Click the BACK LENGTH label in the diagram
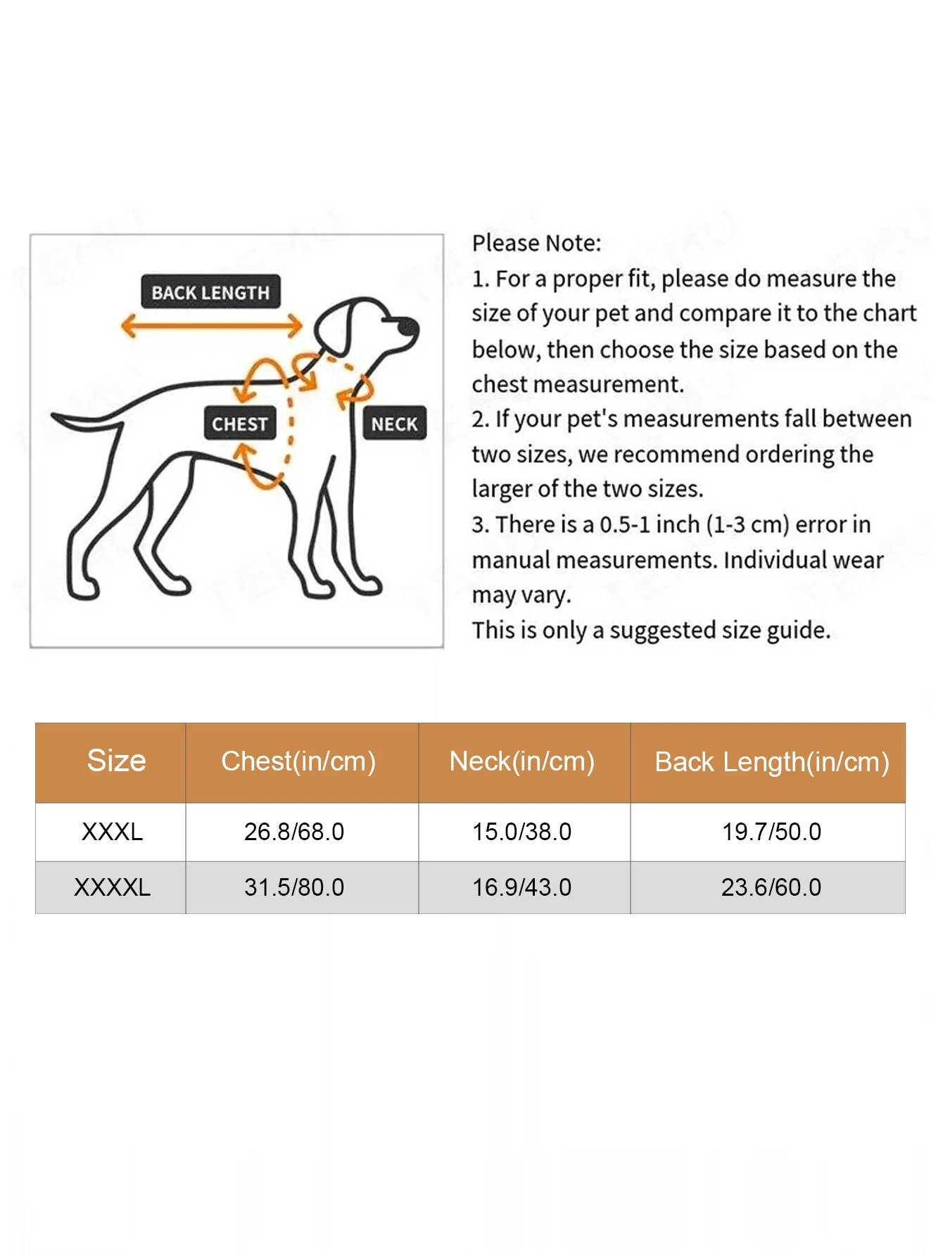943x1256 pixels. click(x=210, y=292)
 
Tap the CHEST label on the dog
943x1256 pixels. click(x=239, y=424)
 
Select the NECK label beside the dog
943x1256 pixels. click(x=394, y=424)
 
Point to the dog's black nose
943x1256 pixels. click(x=407, y=326)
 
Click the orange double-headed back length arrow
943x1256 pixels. click(x=211, y=326)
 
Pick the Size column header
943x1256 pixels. click(x=116, y=761)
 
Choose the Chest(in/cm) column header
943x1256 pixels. click(x=298, y=761)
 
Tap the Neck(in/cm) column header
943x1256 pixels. click(x=522, y=761)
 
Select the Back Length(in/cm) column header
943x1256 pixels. click(x=772, y=762)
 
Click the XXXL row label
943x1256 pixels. click(x=112, y=832)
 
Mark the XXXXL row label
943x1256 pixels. click(x=112, y=887)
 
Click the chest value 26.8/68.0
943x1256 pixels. click(x=294, y=832)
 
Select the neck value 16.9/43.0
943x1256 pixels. click(x=522, y=887)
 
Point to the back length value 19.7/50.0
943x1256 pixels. click(x=772, y=832)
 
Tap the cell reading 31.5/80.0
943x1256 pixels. click(x=294, y=887)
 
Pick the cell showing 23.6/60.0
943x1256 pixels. click(x=772, y=887)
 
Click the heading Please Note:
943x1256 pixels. click(x=536, y=243)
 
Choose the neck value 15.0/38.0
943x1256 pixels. click(x=522, y=832)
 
